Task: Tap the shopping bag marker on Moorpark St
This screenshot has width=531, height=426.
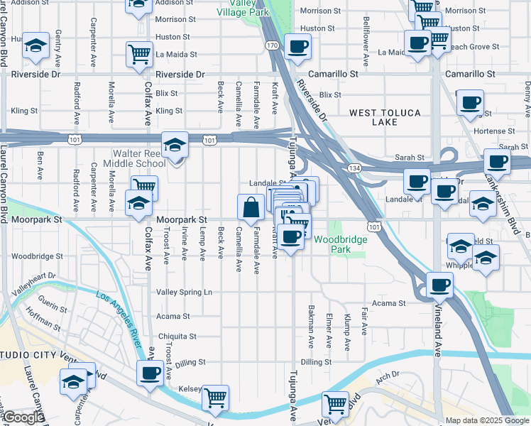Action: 251,208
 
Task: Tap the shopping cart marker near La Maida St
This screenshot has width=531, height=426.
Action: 139,54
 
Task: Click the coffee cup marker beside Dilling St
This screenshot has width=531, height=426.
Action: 149,373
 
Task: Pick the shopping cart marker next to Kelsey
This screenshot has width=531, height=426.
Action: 215,398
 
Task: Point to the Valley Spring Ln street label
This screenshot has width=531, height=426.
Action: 184,292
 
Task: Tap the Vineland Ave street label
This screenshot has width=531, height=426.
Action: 438,334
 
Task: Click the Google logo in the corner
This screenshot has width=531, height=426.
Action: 23,417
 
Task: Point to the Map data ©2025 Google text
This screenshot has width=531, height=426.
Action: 486,420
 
